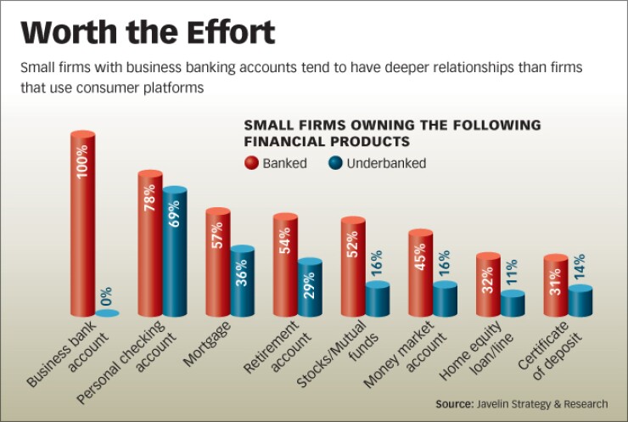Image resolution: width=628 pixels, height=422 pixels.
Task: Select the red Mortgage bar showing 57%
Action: [x=218, y=262]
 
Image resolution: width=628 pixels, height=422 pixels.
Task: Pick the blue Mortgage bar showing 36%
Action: [x=242, y=282]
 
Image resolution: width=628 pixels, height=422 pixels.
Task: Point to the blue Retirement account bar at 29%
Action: [x=310, y=289]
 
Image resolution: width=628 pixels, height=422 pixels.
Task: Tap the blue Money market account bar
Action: [x=445, y=300]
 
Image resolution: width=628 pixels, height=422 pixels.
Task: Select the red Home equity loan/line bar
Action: [x=488, y=284]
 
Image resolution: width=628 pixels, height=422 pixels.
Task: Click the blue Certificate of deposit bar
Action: [x=580, y=301]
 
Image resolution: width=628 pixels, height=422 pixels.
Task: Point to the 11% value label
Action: [x=513, y=273]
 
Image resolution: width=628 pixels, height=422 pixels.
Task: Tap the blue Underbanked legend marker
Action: [x=334, y=163]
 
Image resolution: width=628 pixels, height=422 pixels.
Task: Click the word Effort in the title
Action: [x=219, y=32]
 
